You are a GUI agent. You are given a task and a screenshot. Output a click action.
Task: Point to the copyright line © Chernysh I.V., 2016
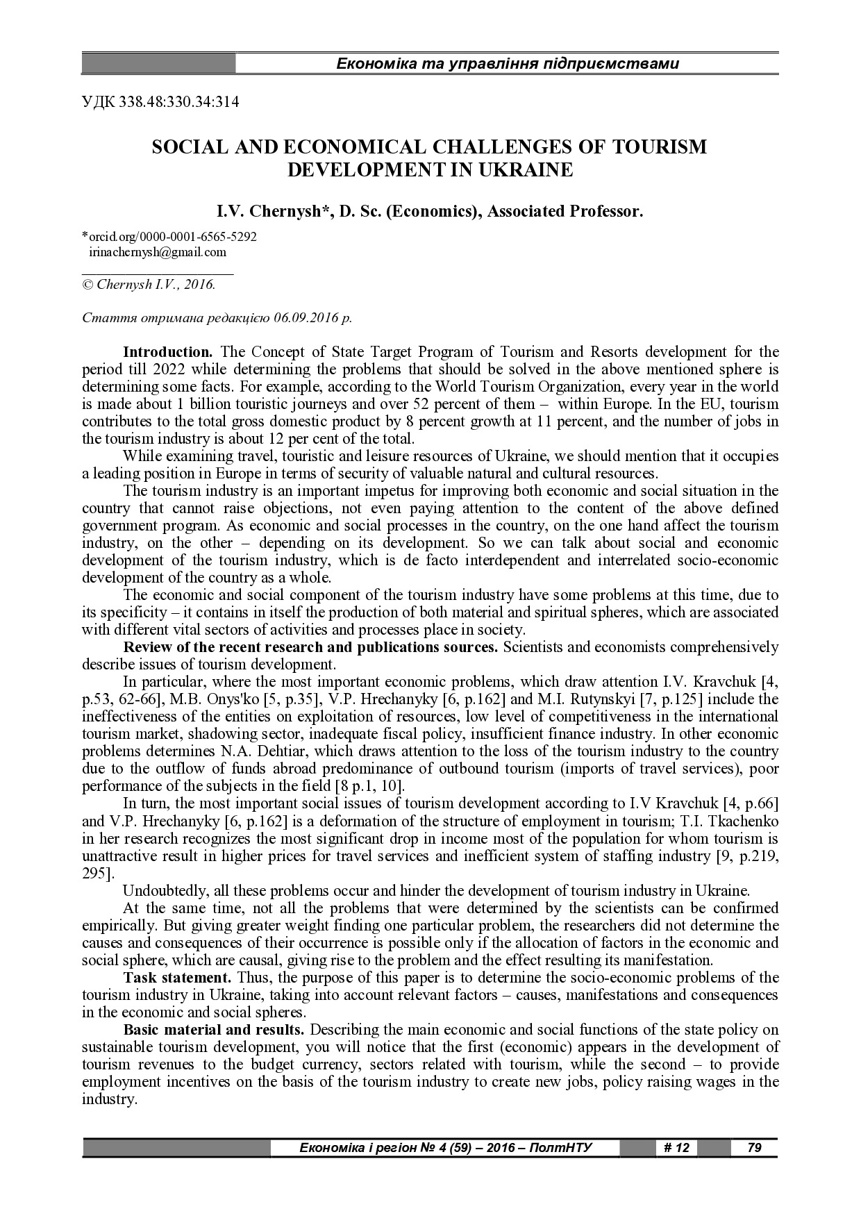(149, 284)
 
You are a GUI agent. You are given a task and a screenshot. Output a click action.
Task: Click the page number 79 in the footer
(754, 1148)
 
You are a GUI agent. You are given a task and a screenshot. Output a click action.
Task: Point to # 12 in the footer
(676, 1148)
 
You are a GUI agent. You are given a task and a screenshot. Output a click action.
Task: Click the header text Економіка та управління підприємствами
(507, 65)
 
